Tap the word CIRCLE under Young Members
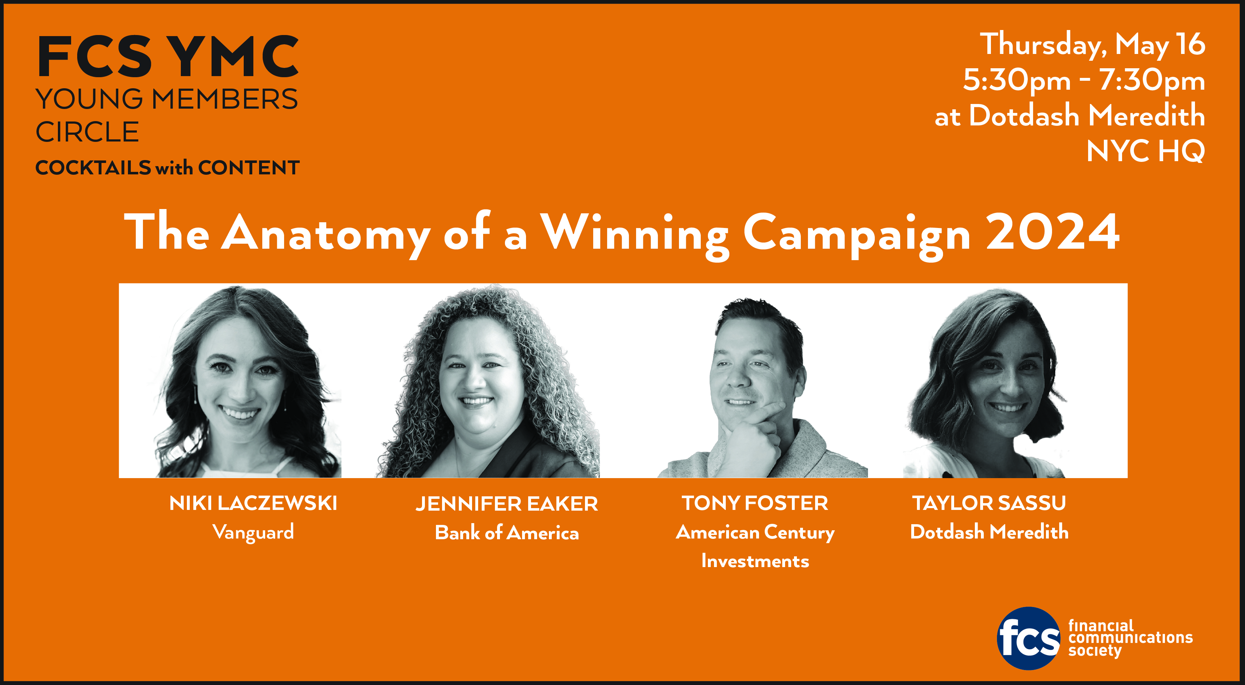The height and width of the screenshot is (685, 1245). click(x=88, y=132)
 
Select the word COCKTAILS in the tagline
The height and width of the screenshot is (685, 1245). click(x=93, y=168)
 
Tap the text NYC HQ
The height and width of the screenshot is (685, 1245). click(x=1145, y=151)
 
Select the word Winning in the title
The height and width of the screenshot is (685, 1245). click(x=635, y=236)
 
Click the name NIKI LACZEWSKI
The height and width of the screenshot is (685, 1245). click(x=253, y=503)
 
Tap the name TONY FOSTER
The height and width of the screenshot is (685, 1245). click(x=755, y=503)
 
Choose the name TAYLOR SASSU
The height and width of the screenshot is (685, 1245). click(x=989, y=503)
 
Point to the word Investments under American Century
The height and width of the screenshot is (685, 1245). click(x=755, y=561)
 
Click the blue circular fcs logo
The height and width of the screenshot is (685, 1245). click(x=1029, y=638)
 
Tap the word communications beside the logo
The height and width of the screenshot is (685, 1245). click(x=1130, y=638)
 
